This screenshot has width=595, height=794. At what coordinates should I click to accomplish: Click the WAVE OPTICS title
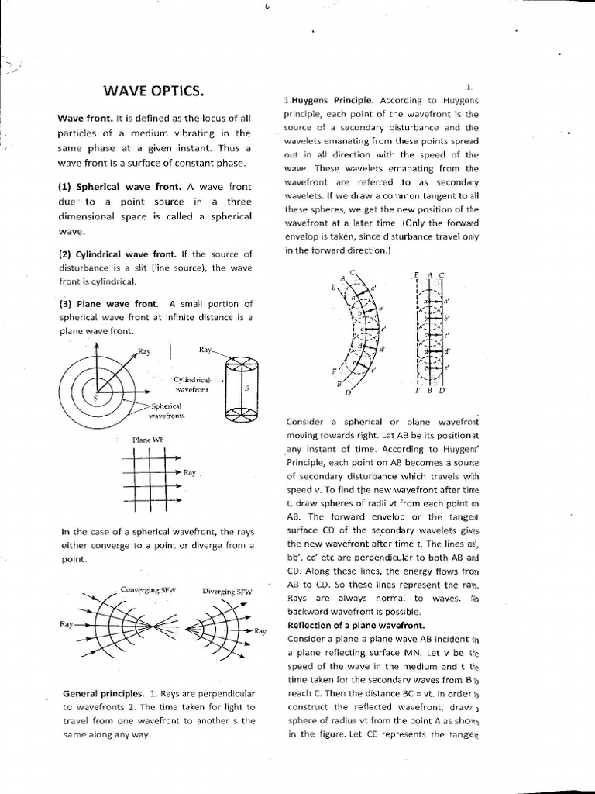pos(153,91)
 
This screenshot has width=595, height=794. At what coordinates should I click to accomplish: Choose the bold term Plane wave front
pos(109,304)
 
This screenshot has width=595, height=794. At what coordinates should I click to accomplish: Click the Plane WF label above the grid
pos(148,440)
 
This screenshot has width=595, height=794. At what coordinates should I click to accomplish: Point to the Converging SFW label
pos(149,590)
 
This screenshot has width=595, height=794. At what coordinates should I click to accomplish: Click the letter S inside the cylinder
pos(246,388)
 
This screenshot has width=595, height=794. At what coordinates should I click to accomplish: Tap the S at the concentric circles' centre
pos(95,396)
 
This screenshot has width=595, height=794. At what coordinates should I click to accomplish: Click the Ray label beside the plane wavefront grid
pos(191,471)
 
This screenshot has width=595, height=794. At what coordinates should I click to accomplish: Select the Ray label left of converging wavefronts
pos(67,623)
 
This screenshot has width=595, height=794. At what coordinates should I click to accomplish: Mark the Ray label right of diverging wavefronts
pos(260,631)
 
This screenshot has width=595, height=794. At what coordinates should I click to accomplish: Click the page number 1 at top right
pos(469,87)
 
